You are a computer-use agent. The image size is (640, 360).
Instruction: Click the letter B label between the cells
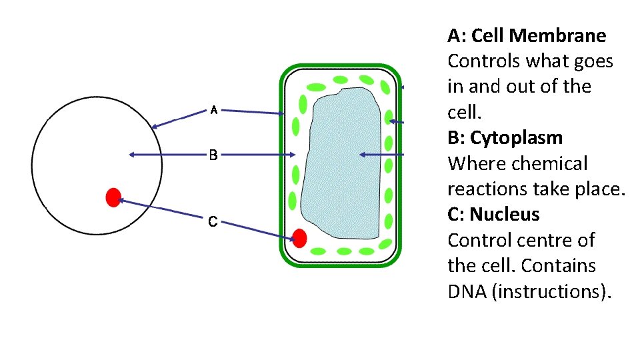tap(213, 155)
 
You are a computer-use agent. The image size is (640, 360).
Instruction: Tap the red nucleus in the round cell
tap(113, 197)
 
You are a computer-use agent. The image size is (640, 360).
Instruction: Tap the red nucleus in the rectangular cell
tap(299, 238)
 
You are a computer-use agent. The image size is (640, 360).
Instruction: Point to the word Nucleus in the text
tap(504, 215)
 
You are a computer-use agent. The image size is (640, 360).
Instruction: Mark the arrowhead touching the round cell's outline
tap(155, 126)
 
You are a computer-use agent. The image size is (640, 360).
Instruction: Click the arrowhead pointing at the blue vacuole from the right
tap(363, 155)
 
